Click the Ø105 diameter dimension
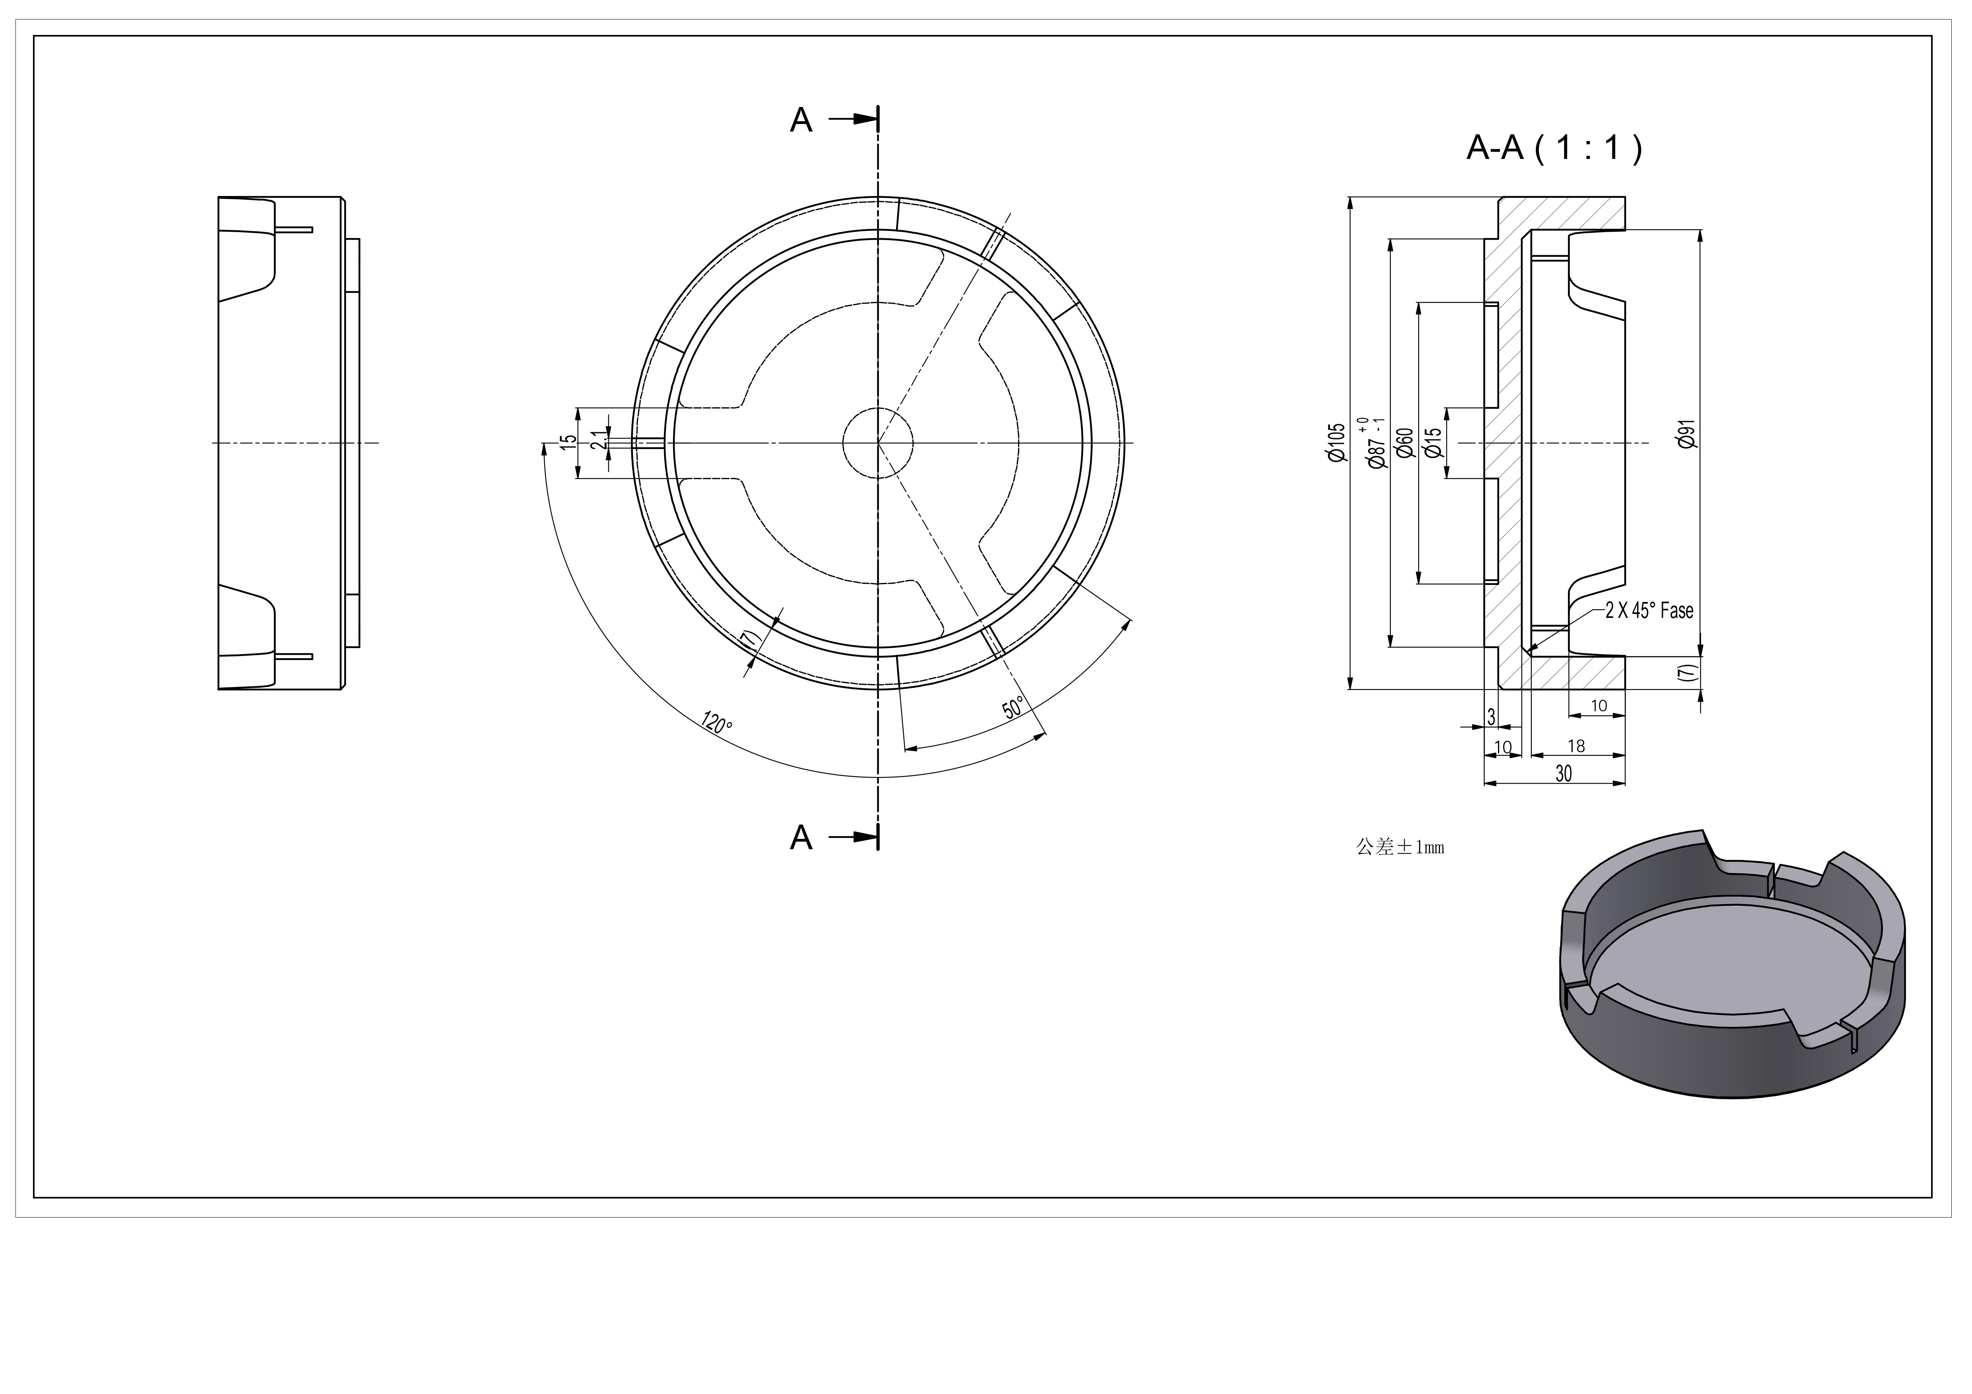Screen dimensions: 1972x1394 [1336, 443]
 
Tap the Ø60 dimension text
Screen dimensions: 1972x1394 [1405, 443]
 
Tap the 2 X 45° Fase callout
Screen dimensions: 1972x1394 [1649, 611]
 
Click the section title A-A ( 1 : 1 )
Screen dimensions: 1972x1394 [1554, 149]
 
